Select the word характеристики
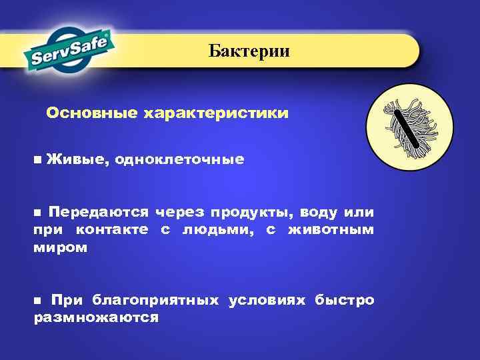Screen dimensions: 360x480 [x=215, y=113]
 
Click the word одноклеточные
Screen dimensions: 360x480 [x=179, y=160]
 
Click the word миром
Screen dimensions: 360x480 [x=60, y=247]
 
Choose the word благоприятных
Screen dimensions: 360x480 [x=155, y=300]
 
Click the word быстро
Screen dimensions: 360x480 [x=345, y=300]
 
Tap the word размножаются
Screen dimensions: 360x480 [x=96, y=317]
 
